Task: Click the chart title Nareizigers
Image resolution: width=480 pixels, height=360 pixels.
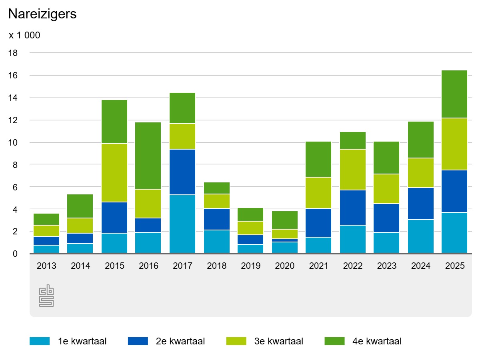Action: [42, 14]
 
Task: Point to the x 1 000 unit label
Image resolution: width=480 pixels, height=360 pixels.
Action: [24, 36]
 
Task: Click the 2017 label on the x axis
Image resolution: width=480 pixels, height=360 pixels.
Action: [182, 266]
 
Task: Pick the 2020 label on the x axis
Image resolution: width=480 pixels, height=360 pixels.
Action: [284, 266]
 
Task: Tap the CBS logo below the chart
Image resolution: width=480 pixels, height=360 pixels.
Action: [46, 296]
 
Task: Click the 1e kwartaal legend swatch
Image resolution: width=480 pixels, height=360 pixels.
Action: [40, 341]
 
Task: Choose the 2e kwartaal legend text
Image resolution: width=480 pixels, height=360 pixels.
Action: [180, 341]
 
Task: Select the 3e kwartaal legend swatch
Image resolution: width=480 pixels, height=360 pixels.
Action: [236, 341]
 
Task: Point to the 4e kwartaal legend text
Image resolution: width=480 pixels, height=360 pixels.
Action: [377, 341]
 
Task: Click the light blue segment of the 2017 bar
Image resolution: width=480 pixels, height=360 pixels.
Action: [182, 224]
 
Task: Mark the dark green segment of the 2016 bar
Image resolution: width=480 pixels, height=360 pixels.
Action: [148, 156]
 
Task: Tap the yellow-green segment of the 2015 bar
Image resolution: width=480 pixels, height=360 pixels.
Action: [114, 173]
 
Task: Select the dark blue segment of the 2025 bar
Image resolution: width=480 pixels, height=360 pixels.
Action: [454, 191]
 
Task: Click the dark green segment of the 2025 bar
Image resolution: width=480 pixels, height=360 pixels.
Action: [454, 94]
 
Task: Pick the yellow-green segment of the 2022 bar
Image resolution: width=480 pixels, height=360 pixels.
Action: [352, 170]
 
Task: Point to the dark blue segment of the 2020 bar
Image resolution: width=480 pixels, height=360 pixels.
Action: [284, 240]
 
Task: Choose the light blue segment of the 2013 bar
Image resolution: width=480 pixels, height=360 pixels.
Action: [46, 249]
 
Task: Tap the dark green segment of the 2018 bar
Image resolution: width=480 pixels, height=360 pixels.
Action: [216, 188]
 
